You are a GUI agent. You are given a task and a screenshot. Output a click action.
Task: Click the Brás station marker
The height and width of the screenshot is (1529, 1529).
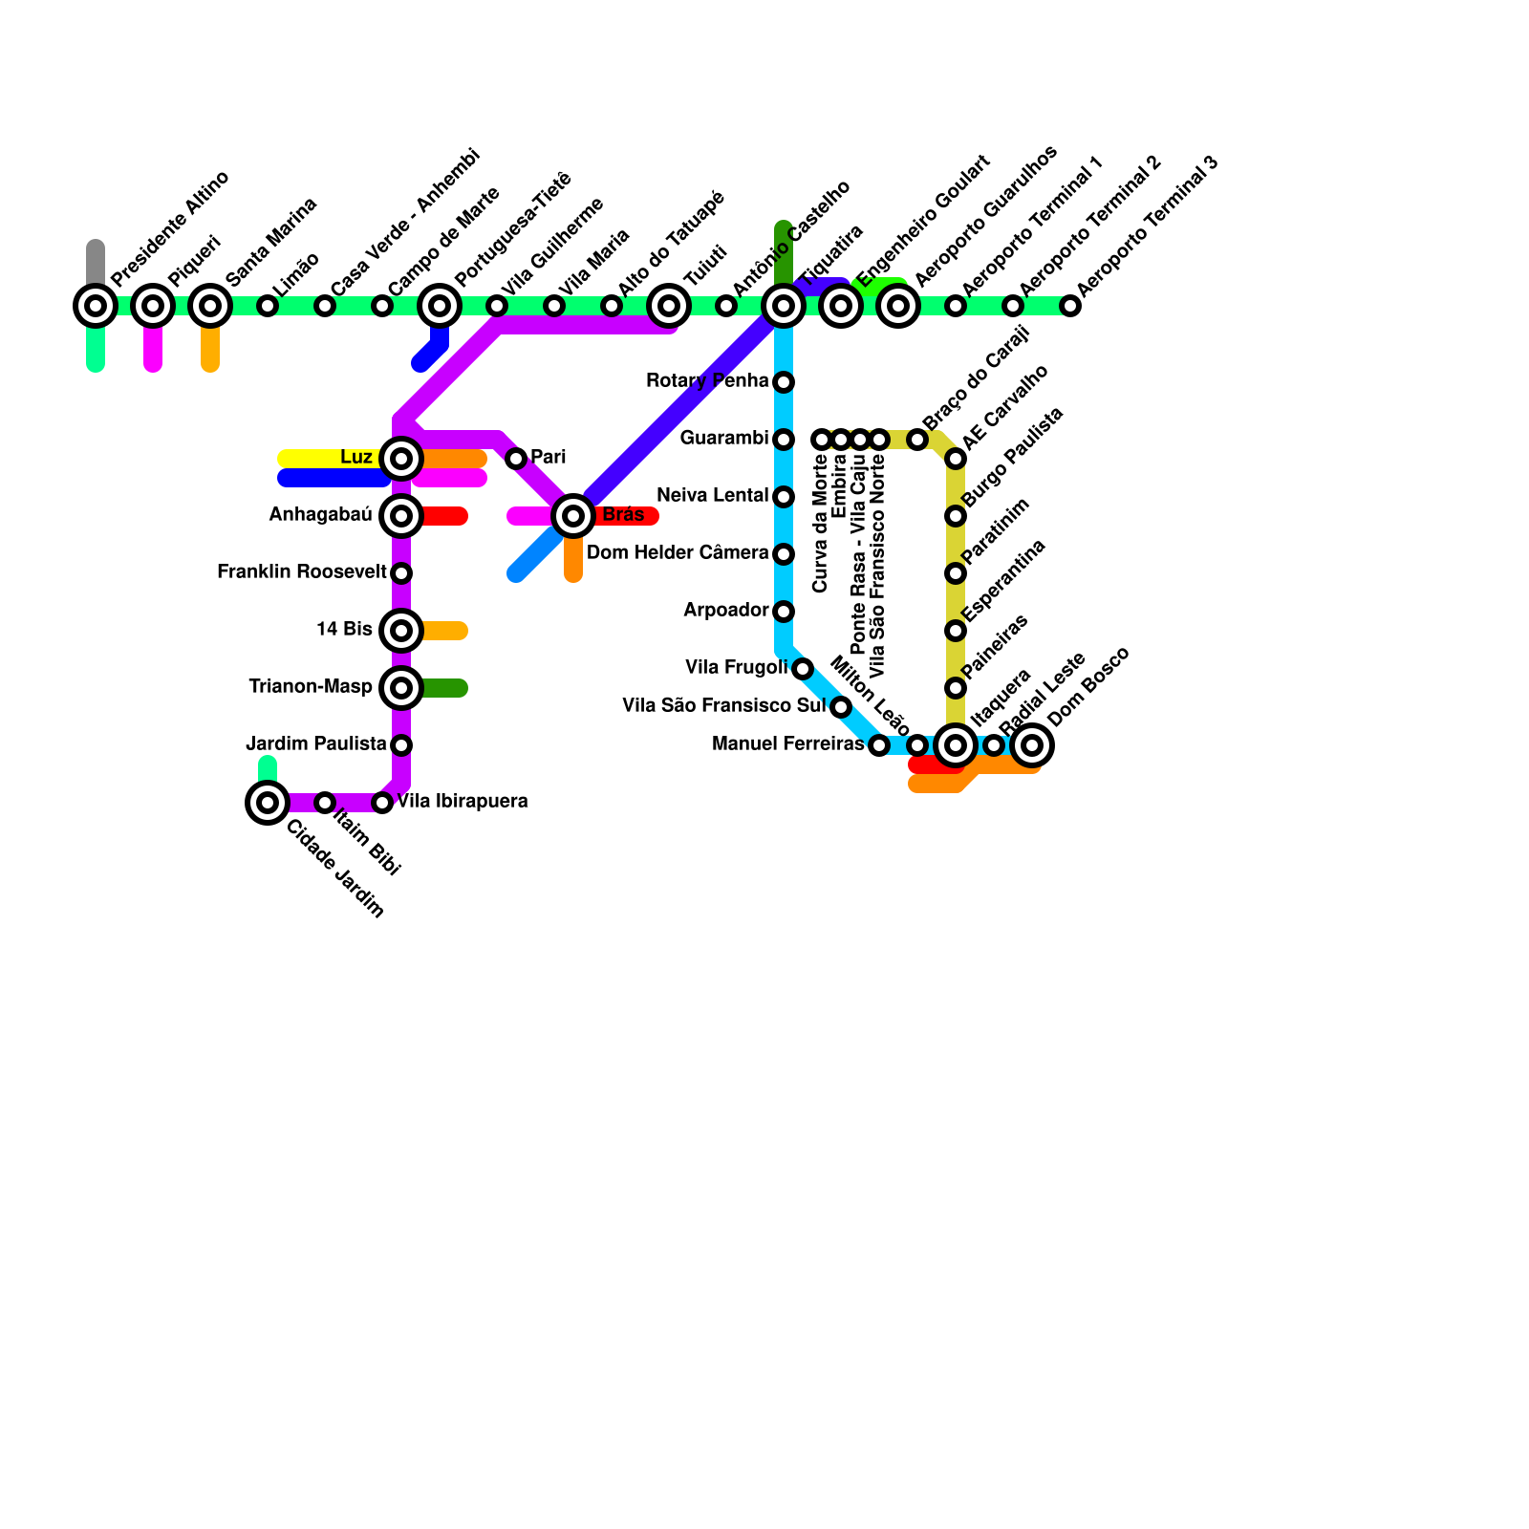point(573,516)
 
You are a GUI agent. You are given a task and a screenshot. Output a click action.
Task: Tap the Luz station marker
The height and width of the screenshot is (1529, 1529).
point(401,459)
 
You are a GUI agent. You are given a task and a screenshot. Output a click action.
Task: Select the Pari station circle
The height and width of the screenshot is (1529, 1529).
point(516,459)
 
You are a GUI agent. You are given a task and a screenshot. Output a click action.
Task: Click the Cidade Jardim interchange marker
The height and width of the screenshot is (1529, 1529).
point(268,802)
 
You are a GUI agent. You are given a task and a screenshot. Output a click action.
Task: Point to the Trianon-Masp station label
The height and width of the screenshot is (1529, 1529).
point(311,687)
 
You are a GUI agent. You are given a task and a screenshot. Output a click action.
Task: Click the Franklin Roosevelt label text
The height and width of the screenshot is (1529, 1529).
point(301,572)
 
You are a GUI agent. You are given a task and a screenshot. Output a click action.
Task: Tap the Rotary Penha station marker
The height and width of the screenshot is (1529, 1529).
point(784,382)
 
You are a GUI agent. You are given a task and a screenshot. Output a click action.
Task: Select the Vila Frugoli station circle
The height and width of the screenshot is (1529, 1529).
point(803,669)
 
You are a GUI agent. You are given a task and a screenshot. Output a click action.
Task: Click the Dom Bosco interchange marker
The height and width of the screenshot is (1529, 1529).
point(1032,745)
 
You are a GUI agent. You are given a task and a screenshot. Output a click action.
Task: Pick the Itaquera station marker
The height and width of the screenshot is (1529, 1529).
point(956,745)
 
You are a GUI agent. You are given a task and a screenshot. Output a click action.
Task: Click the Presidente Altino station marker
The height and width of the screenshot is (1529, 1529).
point(96,306)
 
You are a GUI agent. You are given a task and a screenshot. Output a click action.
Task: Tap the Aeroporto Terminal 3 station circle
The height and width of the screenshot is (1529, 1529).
point(1070,306)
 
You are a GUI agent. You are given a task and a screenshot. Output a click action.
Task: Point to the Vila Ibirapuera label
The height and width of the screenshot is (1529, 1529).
point(463,802)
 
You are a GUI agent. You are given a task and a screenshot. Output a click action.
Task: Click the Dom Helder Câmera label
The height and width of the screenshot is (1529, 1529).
point(677,553)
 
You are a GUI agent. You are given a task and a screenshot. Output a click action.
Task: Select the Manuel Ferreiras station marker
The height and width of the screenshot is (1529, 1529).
point(879,745)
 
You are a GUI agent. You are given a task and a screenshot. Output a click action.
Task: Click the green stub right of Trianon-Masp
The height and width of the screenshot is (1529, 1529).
point(444,688)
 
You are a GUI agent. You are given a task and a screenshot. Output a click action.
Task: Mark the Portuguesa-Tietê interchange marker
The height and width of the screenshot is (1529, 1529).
point(440,306)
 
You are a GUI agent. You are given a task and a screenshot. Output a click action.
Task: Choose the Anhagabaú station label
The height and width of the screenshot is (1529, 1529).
point(320,515)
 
